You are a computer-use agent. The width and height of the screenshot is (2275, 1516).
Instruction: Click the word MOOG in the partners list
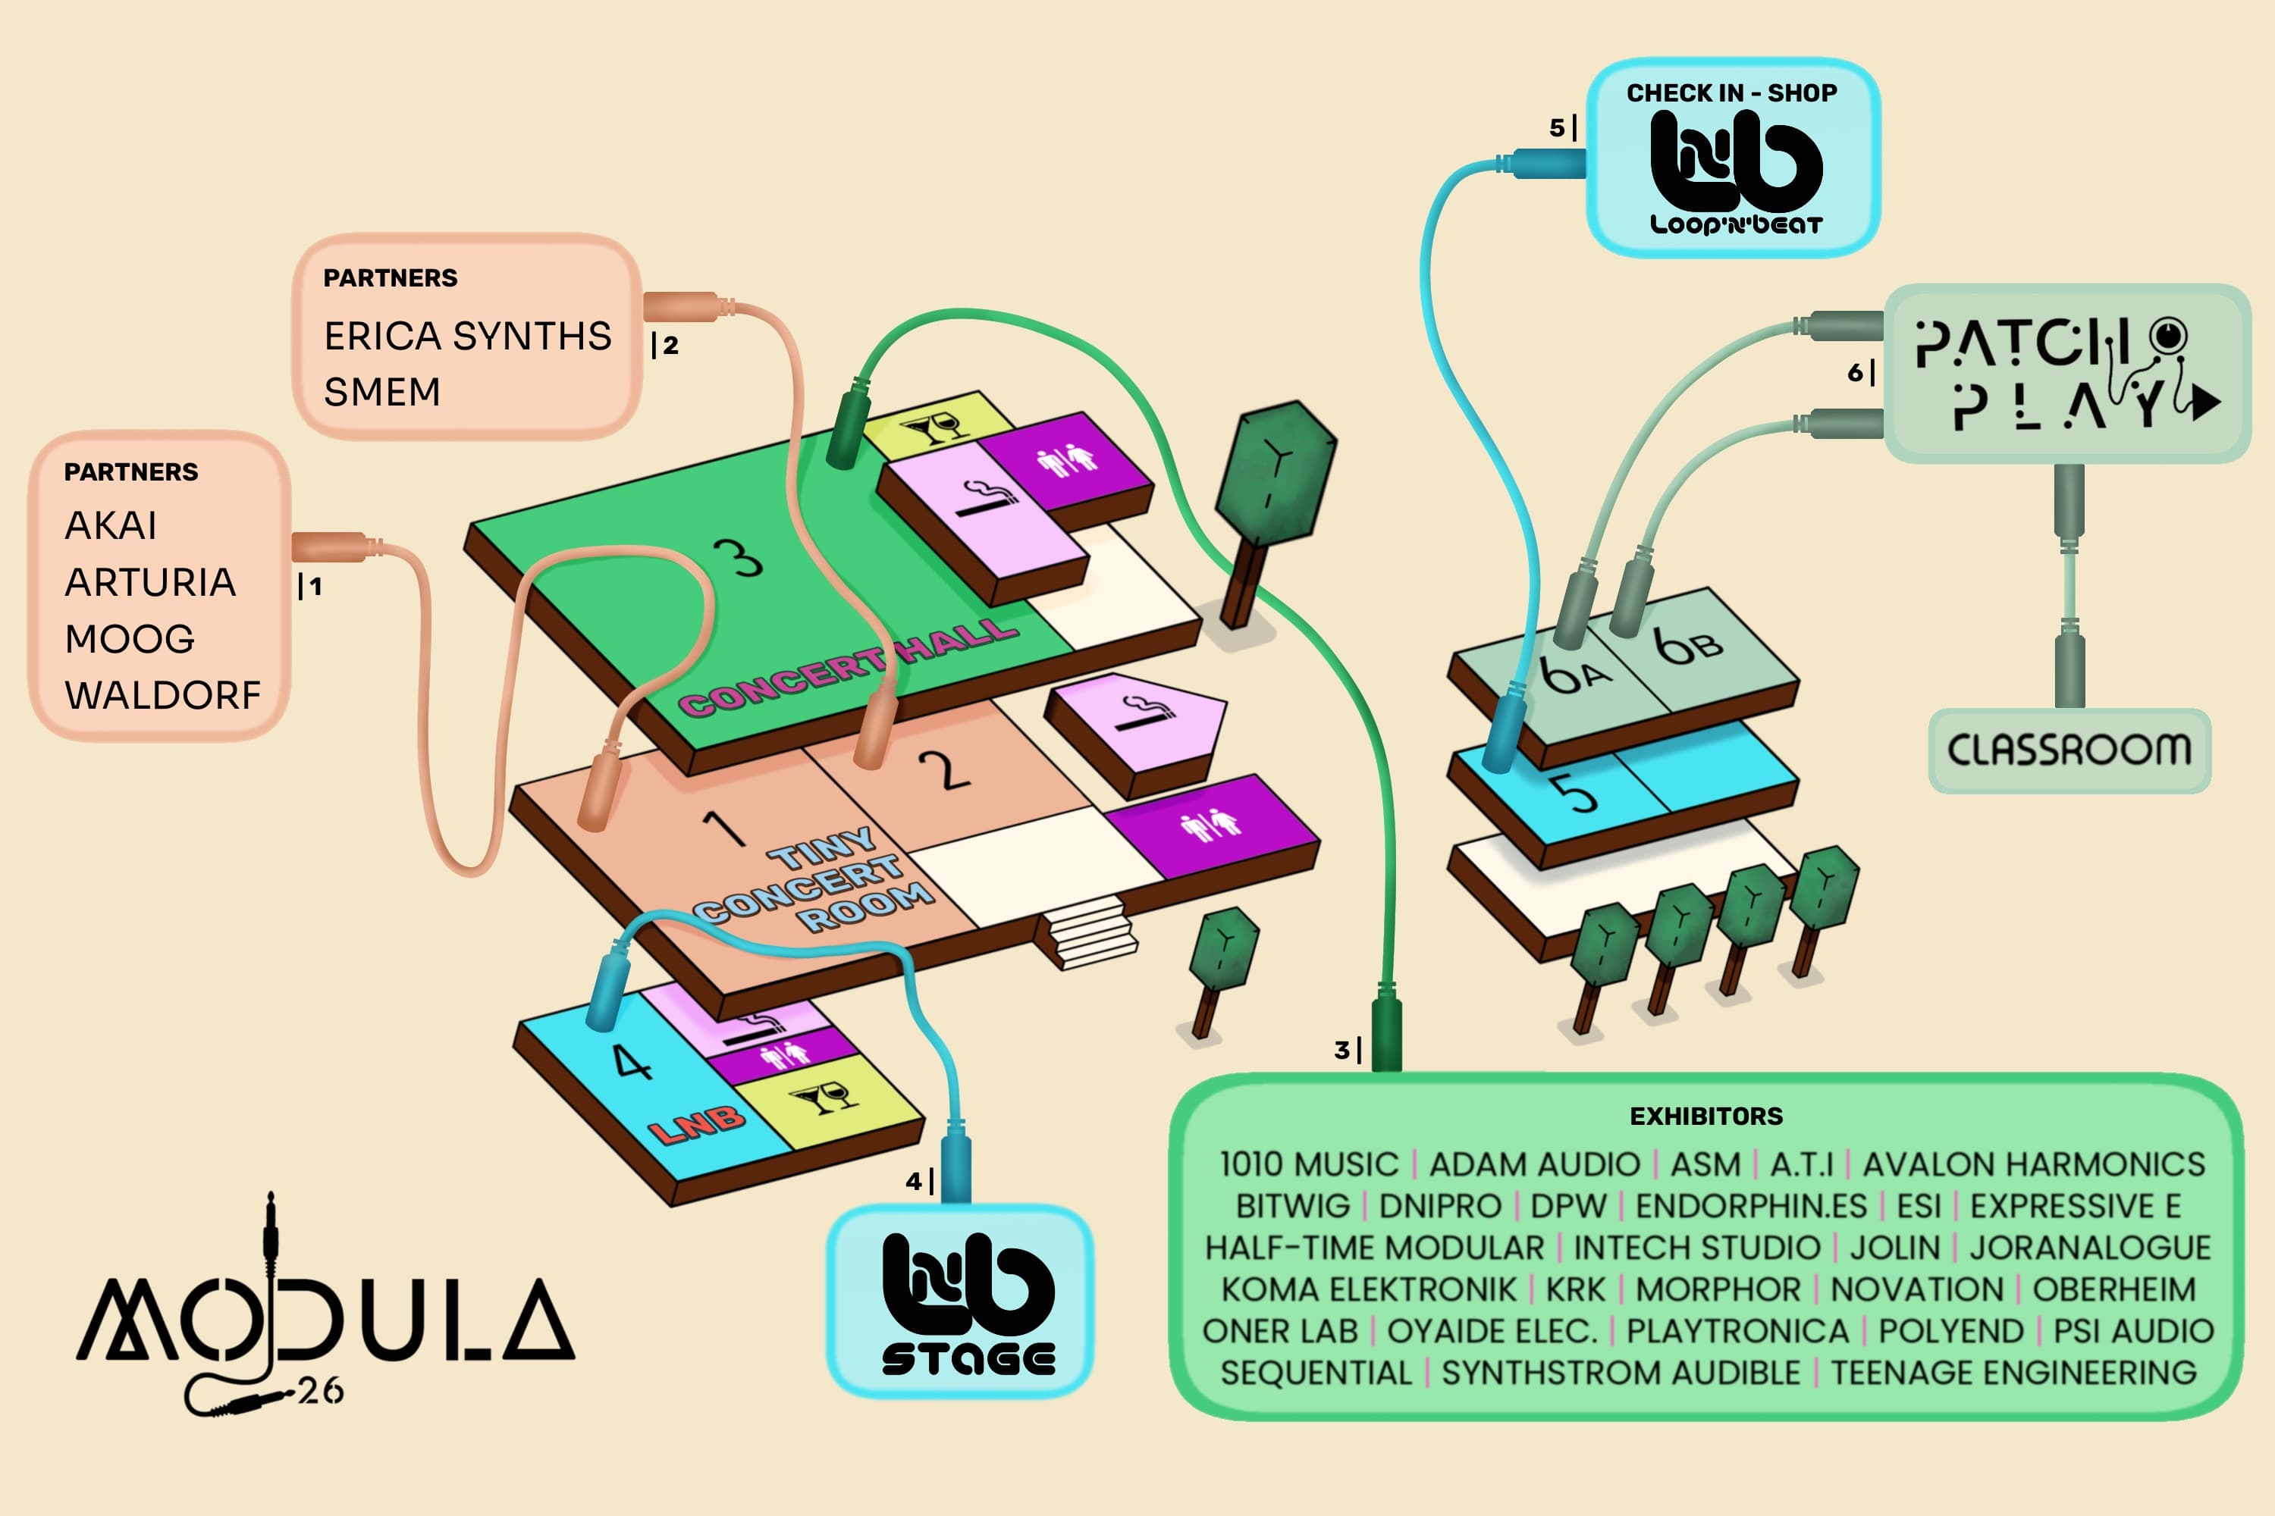(130, 639)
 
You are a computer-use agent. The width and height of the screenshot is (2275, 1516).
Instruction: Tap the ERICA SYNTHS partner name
(468, 336)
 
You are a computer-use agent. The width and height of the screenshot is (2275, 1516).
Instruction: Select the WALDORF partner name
(162, 695)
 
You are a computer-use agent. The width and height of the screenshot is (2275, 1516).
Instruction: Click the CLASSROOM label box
(2069, 750)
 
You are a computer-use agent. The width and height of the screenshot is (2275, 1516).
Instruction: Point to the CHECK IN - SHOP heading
(1731, 92)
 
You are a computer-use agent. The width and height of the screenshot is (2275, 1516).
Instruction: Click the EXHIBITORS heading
(1706, 1116)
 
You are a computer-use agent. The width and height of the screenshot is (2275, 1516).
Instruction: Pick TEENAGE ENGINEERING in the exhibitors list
(2014, 1373)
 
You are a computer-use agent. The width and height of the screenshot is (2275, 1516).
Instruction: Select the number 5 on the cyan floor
(1577, 793)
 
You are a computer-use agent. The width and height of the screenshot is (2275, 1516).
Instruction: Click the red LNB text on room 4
(696, 1124)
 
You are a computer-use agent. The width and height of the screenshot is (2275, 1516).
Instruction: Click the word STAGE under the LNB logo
(968, 1358)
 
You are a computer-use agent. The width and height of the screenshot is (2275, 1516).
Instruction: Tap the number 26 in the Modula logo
(320, 1391)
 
